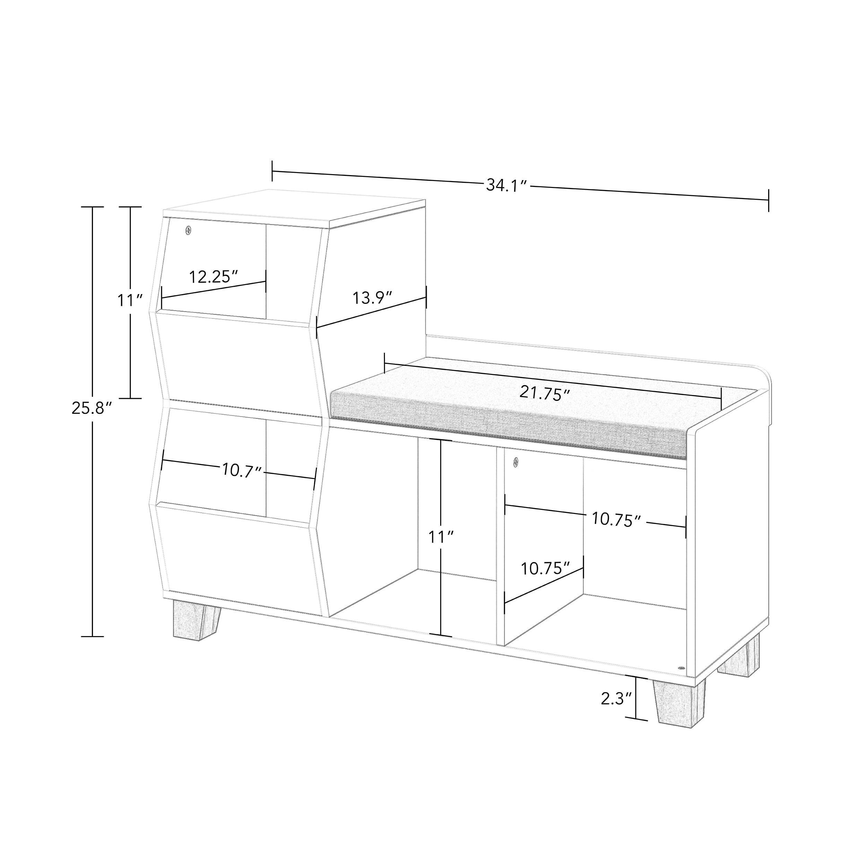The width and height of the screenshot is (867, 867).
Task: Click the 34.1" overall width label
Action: [506, 185]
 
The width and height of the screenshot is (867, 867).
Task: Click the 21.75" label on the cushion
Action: [545, 394]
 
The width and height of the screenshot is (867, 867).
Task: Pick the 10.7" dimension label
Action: [242, 471]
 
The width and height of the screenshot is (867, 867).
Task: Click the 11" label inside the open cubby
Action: [441, 537]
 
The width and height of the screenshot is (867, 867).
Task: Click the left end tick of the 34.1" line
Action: [272, 171]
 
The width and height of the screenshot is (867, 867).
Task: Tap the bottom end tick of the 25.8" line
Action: [93, 636]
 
